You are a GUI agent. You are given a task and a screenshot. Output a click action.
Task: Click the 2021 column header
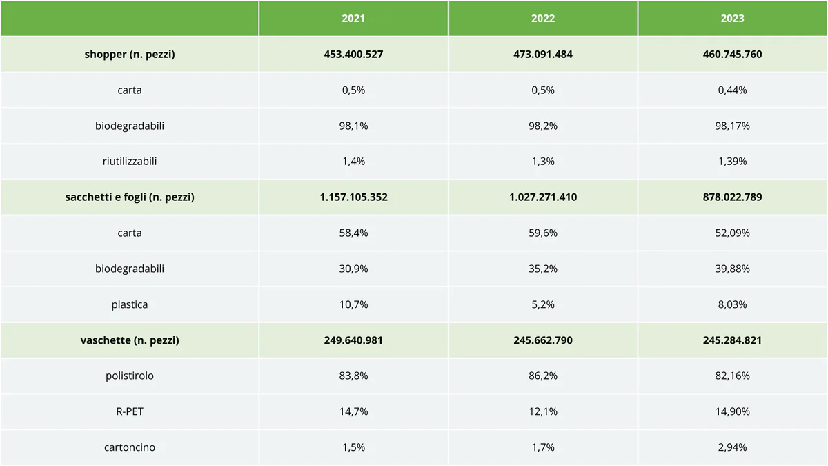353,19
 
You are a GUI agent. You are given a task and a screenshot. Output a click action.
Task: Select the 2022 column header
543,19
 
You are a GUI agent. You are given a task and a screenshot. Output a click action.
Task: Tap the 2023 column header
732,19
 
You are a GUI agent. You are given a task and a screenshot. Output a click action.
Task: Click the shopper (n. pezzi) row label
130,54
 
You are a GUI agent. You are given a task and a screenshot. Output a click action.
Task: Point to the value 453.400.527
353,54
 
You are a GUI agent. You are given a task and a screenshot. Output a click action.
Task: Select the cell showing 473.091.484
543,54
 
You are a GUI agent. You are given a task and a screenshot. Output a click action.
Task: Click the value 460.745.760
732,54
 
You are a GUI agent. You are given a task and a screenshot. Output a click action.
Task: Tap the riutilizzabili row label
130,161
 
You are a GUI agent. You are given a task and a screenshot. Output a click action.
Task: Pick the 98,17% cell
732,126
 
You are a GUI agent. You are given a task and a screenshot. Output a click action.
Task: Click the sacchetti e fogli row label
130,197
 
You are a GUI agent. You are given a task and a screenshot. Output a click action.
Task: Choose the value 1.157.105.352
353,197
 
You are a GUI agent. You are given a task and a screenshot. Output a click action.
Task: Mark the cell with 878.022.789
732,197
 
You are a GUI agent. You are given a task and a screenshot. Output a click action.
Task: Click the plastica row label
130,304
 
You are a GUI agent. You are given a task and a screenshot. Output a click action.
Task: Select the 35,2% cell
543,269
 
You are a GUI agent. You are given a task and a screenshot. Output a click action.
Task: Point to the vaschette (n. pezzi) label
130,340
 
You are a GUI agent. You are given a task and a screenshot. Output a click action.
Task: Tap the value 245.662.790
543,340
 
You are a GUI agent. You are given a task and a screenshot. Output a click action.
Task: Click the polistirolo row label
130,376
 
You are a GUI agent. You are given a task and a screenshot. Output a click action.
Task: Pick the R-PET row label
130,411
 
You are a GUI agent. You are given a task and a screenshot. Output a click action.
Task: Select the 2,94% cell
732,447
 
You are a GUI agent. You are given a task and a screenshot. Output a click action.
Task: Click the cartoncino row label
130,447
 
